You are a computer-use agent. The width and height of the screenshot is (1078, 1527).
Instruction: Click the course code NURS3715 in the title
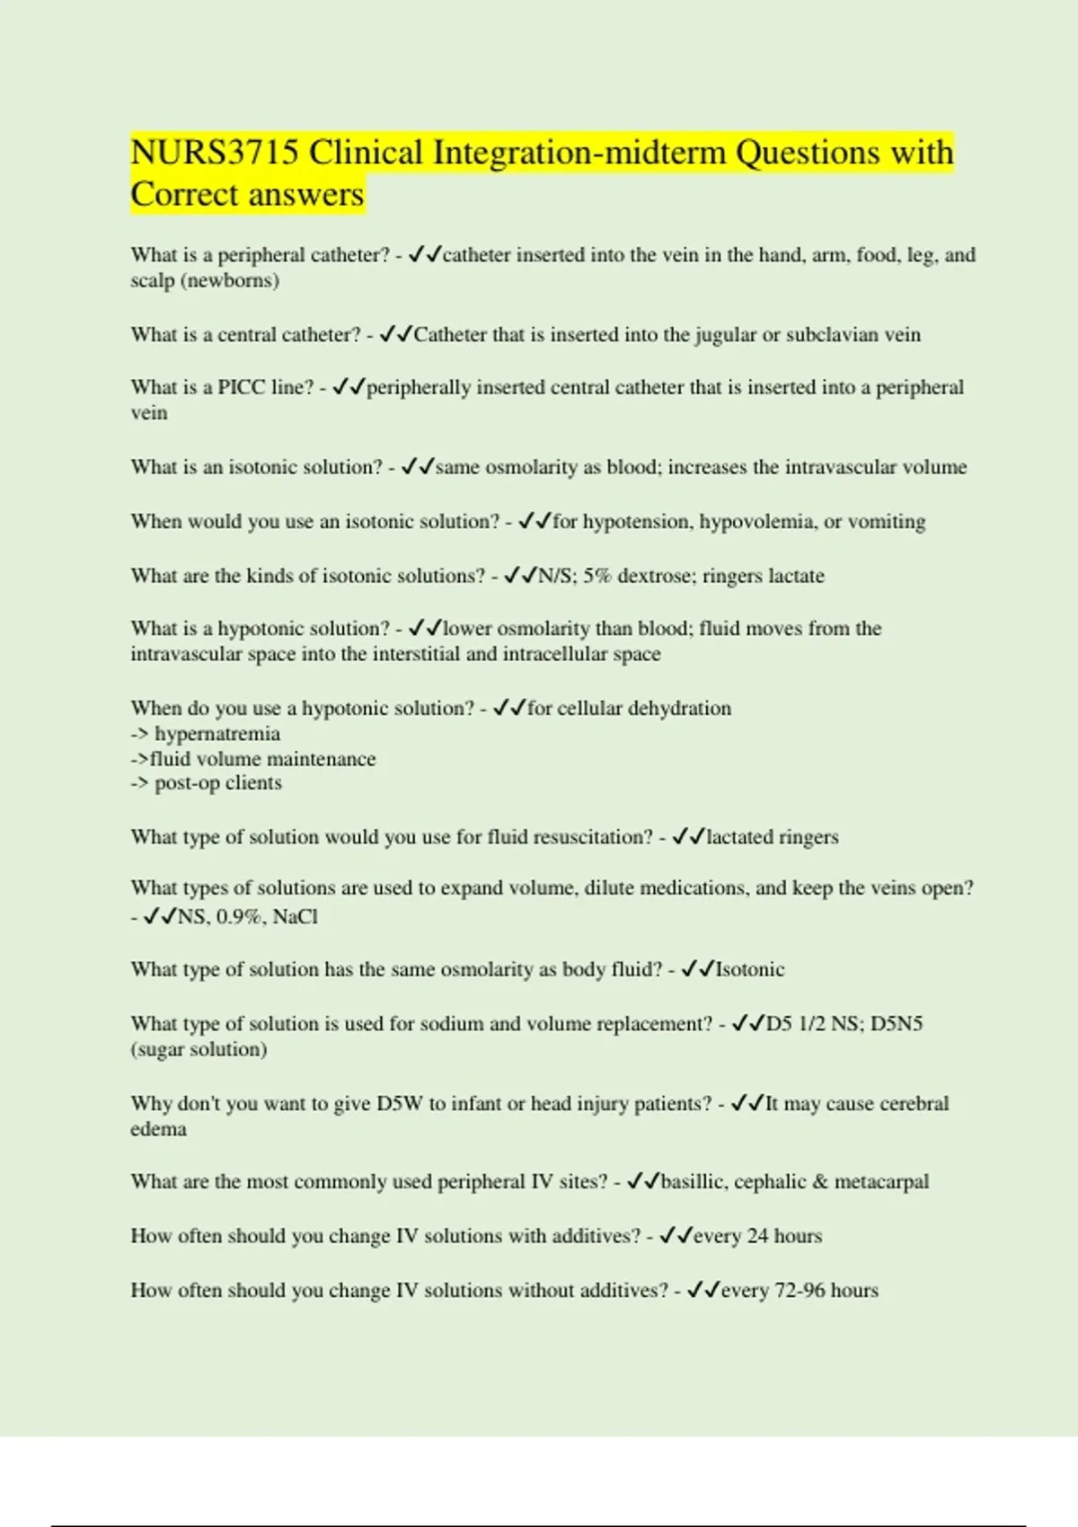tap(214, 153)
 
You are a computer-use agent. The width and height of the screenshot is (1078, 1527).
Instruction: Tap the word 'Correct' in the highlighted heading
tap(187, 195)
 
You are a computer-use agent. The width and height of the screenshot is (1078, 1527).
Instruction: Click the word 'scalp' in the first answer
tap(153, 280)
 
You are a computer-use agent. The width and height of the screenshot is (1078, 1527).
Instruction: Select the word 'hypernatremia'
tap(216, 734)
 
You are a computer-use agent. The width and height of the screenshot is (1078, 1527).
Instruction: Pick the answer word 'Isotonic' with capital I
tap(749, 970)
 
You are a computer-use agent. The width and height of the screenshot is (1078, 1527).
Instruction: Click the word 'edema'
tap(158, 1129)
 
